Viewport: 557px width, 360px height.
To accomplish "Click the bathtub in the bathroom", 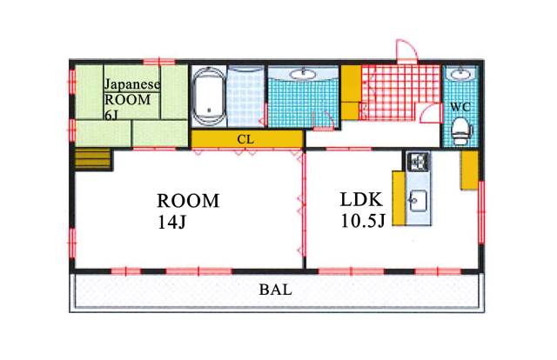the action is (209, 96).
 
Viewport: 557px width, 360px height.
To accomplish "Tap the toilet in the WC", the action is (460, 131).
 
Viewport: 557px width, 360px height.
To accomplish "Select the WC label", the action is (460, 106).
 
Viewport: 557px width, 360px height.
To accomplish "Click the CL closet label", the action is (245, 139).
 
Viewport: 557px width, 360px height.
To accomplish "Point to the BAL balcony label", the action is (276, 290).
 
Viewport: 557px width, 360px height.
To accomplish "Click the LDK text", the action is (361, 199).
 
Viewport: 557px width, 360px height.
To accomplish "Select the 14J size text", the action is (172, 223).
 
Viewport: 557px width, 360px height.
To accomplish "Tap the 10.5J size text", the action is (363, 221).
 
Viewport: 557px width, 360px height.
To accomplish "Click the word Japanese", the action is (132, 84).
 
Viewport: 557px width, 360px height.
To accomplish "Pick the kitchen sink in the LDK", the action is (418, 201).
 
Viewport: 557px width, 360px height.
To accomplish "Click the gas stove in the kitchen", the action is (418, 161).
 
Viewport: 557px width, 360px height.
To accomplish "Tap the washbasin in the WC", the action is (460, 75).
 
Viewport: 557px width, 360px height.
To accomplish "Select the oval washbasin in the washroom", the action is (303, 74).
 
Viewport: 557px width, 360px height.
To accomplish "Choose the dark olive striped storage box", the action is (93, 159).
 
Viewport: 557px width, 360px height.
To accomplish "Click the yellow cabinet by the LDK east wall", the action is (469, 170).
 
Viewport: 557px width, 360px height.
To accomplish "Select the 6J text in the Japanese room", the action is (111, 115).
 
